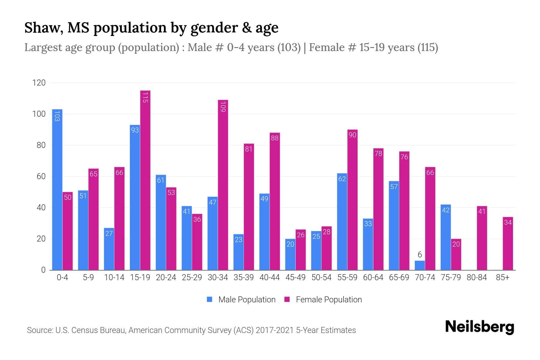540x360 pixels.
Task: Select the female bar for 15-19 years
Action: click(145, 180)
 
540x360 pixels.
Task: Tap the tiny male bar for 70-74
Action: click(420, 265)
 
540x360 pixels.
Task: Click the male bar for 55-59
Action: click(342, 222)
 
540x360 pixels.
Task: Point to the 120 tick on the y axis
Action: click(39, 83)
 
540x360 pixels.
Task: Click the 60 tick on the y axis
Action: click(41, 176)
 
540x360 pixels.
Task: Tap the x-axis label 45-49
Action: click(295, 277)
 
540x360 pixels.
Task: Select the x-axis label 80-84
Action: click(477, 277)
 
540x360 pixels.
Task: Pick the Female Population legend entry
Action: click(323, 300)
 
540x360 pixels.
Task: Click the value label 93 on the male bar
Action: click(135, 130)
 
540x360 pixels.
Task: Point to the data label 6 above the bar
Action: click(420, 255)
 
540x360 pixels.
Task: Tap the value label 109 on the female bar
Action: click(223, 107)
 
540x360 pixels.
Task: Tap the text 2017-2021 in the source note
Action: click(274, 330)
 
